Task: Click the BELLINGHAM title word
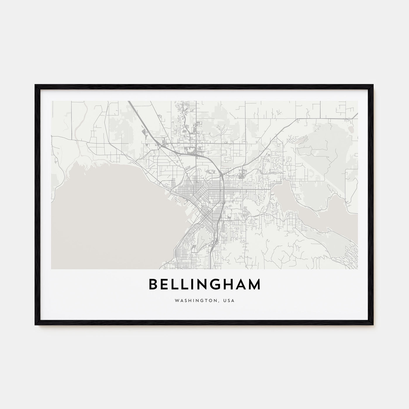pyautogui.click(x=204, y=285)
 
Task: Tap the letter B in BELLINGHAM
pyautogui.click(x=153, y=285)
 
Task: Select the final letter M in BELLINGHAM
pyautogui.click(x=254, y=285)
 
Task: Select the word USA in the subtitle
pyautogui.click(x=229, y=300)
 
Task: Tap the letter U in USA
pyautogui.click(x=225, y=300)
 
